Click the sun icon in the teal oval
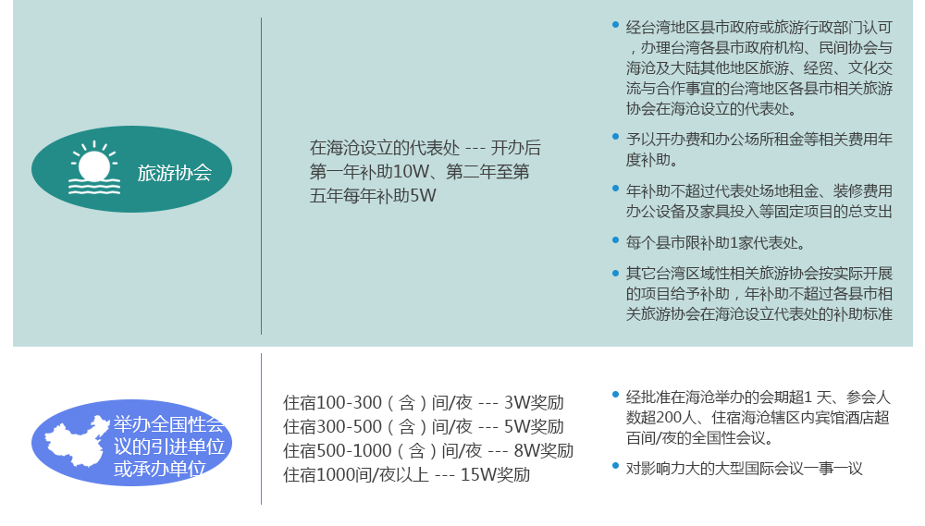tap(94, 168)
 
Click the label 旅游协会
tap(175, 173)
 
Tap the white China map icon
tap(77, 441)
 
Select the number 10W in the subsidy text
tap(412, 172)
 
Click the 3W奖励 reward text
tap(534, 403)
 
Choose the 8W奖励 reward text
tap(543, 451)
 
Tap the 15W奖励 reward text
tap(495, 475)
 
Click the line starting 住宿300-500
tap(424, 427)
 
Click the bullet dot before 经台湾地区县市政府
tap(615, 25)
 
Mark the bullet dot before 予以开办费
tap(615, 137)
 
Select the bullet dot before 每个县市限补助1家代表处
tap(615, 240)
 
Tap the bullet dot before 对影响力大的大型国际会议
tap(615, 466)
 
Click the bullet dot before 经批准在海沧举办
tap(615, 395)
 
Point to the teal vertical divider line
tap(262, 177)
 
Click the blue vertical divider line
tap(261, 429)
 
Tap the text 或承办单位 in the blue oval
tap(160, 469)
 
